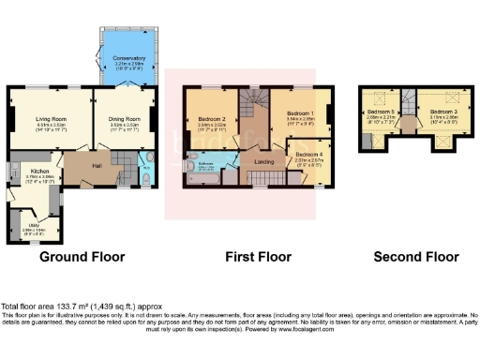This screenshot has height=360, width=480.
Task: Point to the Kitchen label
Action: [x=38, y=172]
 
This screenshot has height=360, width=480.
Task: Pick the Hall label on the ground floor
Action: [x=97, y=166]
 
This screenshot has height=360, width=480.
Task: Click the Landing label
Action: [x=265, y=162]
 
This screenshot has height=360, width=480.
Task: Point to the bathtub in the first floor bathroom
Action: [x=208, y=178]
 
